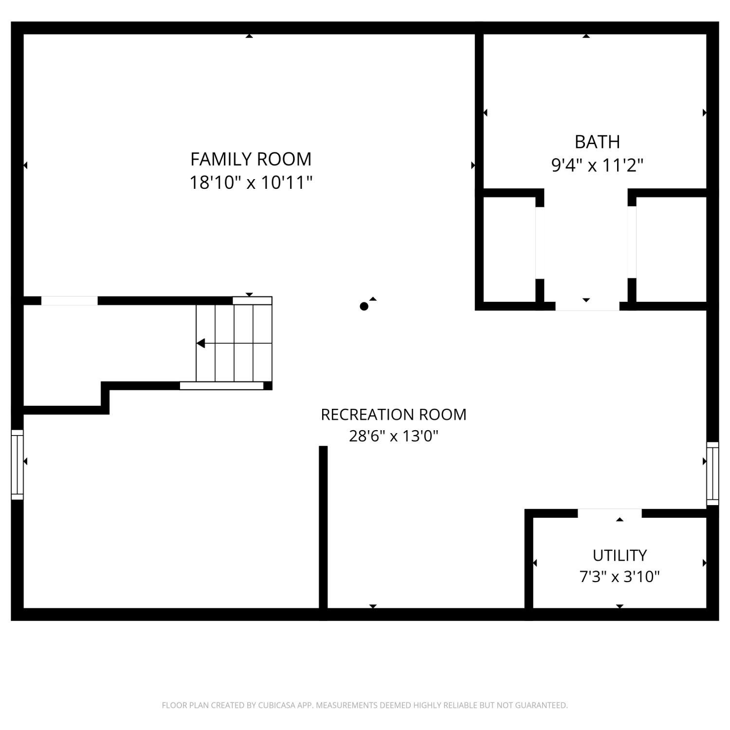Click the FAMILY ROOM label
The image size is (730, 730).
(x=251, y=159)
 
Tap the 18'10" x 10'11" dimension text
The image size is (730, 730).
(x=251, y=183)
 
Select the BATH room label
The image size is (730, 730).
(x=597, y=142)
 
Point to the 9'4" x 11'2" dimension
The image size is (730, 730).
(x=597, y=165)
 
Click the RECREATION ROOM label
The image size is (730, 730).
(x=394, y=415)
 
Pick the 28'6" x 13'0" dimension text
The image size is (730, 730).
(x=394, y=436)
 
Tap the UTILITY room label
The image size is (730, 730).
(x=620, y=555)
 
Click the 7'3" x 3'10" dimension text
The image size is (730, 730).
(x=620, y=577)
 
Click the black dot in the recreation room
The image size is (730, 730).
(x=364, y=306)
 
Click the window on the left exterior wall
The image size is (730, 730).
(x=18, y=464)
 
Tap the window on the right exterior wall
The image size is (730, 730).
(x=712, y=474)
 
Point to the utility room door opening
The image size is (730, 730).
(x=610, y=513)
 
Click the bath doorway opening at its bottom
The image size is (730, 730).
(x=587, y=306)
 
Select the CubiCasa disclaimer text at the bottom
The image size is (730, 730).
(x=365, y=705)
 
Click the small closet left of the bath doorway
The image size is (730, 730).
(x=509, y=249)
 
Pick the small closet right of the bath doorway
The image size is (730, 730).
(x=671, y=249)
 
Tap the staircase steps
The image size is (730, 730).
(x=234, y=344)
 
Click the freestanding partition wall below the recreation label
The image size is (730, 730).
(x=323, y=527)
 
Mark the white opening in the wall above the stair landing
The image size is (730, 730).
(x=69, y=301)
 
